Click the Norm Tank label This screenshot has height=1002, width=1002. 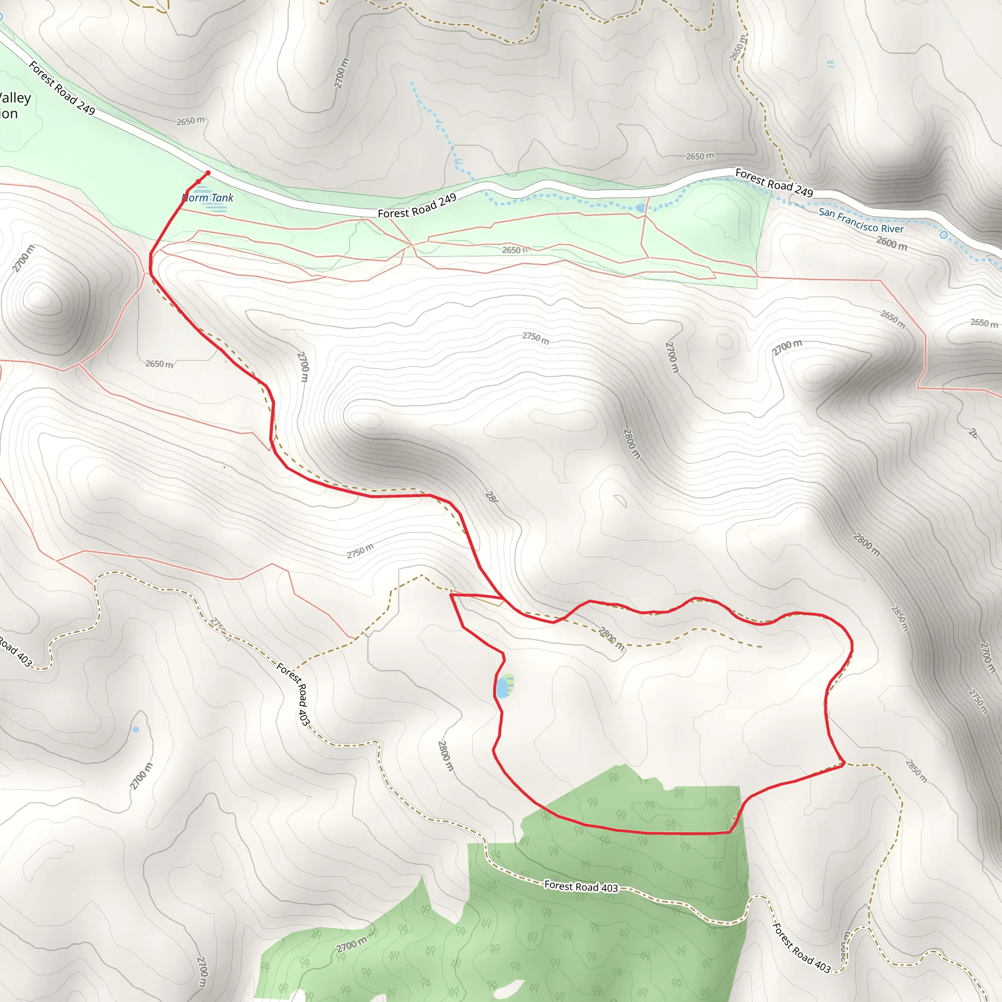[x=208, y=198]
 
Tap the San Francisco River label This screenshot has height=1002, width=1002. [x=861, y=221]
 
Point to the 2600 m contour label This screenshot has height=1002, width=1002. [x=891, y=243]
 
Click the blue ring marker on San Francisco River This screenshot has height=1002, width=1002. [x=944, y=235]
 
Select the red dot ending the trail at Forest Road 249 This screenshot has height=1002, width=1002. [x=208, y=173]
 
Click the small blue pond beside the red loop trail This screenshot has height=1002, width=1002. [x=502, y=688]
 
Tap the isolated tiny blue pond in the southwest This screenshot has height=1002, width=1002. [x=136, y=729]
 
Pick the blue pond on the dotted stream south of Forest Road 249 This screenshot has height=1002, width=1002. [x=640, y=208]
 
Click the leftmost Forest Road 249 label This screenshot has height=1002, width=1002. [x=62, y=88]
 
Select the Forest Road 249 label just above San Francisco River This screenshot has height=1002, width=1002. [x=774, y=182]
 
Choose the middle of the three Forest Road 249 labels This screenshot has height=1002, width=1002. [x=417, y=206]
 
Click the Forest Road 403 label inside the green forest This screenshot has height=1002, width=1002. [x=581, y=887]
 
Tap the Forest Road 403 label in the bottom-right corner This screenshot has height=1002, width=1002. [x=801, y=948]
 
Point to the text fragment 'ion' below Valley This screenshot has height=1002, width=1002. [x=9, y=114]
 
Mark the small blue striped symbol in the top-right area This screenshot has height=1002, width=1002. [x=831, y=64]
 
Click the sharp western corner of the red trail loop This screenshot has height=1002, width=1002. [x=451, y=595]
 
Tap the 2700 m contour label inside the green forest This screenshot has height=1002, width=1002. [x=351, y=944]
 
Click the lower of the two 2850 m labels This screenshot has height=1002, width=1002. [x=916, y=771]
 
